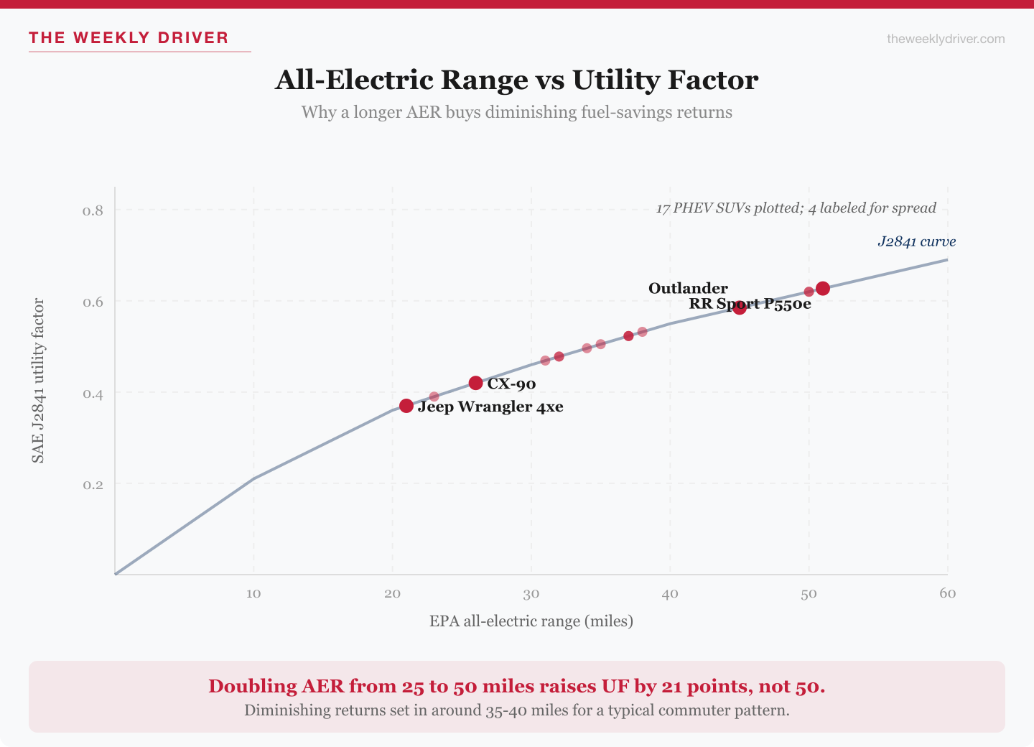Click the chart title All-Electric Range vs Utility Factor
tap(516, 80)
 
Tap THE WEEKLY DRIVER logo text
tap(129, 38)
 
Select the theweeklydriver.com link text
tap(946, 39)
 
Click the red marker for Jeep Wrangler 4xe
tap(406, 406)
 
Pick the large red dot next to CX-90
tap(475, 383)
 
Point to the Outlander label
tap(688, 288)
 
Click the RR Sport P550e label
tap(750, 304)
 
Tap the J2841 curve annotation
tap(916, 241)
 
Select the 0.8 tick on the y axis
tap(93, 210)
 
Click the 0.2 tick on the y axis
tap(93, 485)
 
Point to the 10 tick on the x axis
tap(253, 593)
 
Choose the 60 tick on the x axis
tap(947, 593)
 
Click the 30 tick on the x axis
tap(531, 593)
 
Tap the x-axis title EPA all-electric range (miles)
tap(531, 621)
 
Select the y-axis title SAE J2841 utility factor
tap(38, 381)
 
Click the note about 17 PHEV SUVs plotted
tap(796, 208)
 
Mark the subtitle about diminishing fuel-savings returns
tap(516, 112)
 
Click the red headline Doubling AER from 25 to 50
tap(516, 686)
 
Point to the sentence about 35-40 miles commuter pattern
tap(516, 710)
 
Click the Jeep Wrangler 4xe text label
tap(490, 407)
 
